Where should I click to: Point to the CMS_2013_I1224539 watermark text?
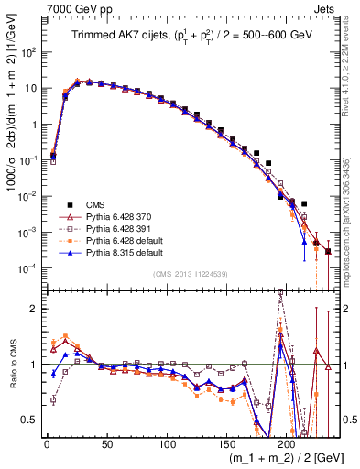coord(190,273)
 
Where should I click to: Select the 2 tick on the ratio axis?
coord(35,309)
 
